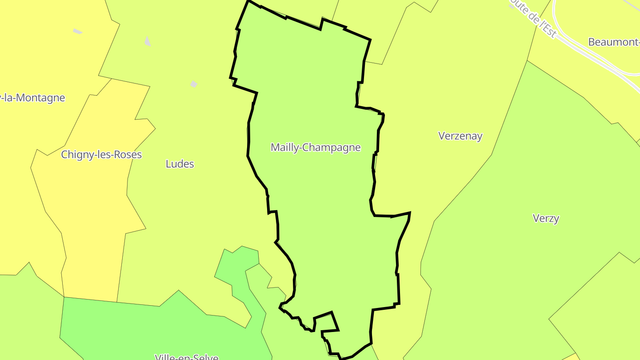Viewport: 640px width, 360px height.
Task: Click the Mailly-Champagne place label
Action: (316, 147)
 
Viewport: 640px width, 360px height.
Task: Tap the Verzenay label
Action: (460, 136)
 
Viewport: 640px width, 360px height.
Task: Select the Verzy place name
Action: (546, 218)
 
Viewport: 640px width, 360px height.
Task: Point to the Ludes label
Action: (180, 164)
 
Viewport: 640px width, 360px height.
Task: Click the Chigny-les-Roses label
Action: (101, 155)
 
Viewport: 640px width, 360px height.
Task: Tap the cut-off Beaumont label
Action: (613, 42)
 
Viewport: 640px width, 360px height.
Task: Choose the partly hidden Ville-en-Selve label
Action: (187, 357)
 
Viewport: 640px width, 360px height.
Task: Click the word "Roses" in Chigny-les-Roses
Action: (128, 155)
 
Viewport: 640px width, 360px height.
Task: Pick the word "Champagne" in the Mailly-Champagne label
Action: (338, 148)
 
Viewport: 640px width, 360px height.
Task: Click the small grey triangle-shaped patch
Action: (148, 41)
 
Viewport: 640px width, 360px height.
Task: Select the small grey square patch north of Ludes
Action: (194, 84)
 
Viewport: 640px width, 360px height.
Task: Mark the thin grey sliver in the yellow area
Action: (78, 31)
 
